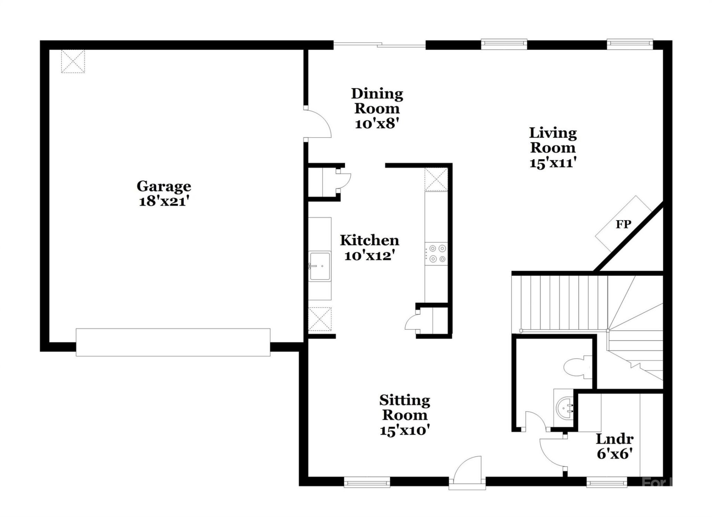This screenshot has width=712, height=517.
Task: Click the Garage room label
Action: coord(164,186)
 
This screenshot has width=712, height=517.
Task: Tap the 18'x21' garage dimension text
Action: coord(164,201)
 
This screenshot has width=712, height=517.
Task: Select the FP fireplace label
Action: coord(623,224)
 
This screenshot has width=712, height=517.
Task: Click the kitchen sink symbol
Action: coord(320,266)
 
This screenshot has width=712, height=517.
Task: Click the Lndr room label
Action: coord(614,439)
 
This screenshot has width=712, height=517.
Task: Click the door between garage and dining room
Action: coord(317,124)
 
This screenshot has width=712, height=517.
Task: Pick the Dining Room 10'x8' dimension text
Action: coord(377,123)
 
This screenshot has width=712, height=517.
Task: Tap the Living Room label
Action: coord(553,140)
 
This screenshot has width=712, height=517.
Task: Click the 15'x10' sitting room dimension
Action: coord(405,430)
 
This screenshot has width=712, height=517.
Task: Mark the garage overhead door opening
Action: coord(173,342)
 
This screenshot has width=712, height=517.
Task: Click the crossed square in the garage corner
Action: coord(73,61)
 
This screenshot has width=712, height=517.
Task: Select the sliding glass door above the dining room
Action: coord(379,45)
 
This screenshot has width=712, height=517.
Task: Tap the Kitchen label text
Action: coord(369,240)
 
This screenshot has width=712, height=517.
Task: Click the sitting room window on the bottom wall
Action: coord(367,483)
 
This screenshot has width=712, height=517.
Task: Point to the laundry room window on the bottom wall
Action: coord(606,483)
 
